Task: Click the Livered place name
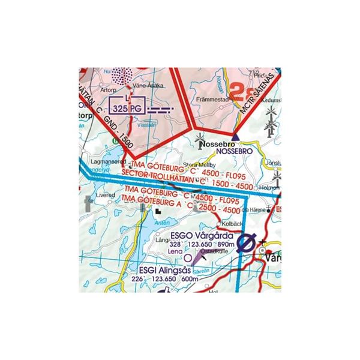tap(105, 196)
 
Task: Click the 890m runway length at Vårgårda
tap(226, 245)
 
